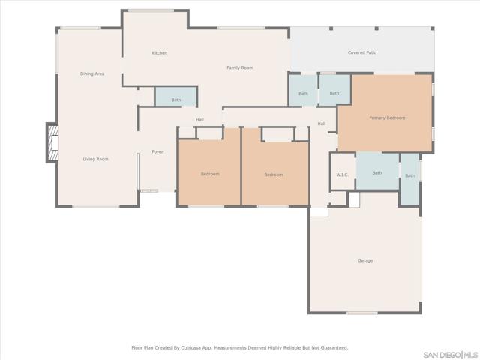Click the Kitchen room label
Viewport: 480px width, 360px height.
(160, 53)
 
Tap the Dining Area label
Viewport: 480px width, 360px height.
(92, 73)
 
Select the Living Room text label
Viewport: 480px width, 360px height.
(96, 159)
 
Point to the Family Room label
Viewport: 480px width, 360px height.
(240, 67)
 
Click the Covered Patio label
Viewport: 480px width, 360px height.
(362, 52)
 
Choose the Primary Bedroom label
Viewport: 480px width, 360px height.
(387, 118)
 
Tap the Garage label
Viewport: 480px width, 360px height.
(365, 260)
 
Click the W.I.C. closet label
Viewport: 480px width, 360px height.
(342, 175)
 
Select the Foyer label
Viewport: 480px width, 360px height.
(157, 151)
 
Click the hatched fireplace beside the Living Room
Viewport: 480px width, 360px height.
(52, 143)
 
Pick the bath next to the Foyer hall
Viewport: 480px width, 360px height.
(175, 97)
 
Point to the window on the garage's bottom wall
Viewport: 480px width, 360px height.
(361, 313)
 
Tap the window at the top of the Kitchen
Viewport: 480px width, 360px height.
(151, 10)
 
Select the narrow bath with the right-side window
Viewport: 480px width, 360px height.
(410, 179)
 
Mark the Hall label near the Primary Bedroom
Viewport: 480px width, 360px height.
(322, 124)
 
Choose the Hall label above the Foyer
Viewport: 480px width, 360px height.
(200, 120)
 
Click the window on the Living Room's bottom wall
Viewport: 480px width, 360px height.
(96, 207)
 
